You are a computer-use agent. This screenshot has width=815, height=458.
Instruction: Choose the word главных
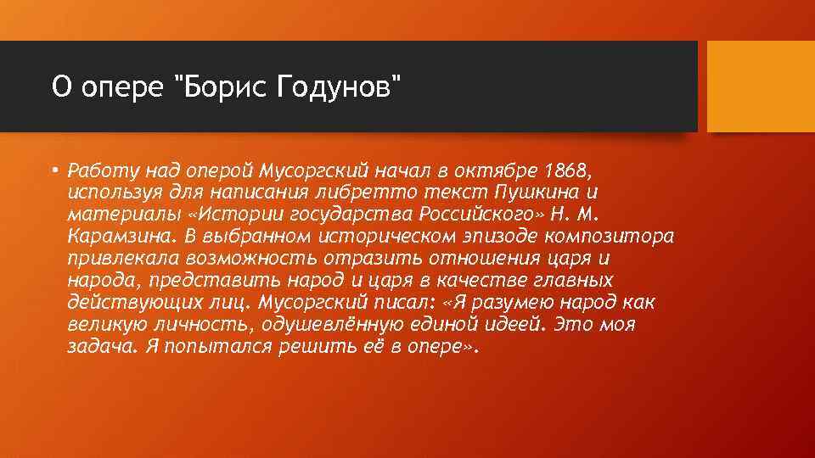point(564,280)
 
